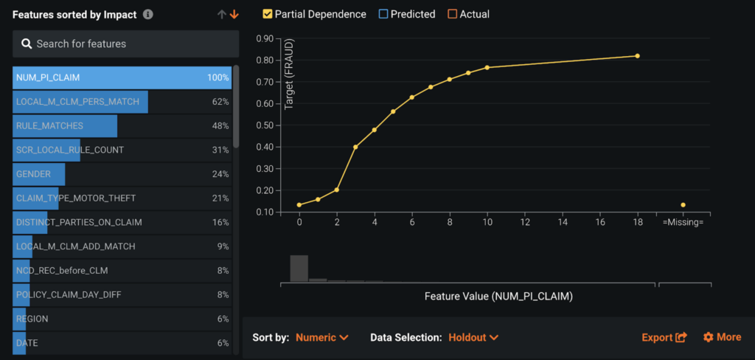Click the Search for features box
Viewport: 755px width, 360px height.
pyautogui.click(x=125, y=44)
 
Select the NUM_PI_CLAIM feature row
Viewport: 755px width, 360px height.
pyautogui.click(x=122, y=77)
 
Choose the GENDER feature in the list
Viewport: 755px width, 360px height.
pyautogui.click(x=122, y=174)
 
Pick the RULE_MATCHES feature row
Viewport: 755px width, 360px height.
pyautogui.click(x=122, y=125)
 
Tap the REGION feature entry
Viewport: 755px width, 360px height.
pyautogui.click(x=122, y=319)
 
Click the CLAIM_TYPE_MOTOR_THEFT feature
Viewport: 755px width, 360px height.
pyautogui.click(x=122, y=198)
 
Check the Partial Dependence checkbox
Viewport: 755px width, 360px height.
pyautogui.click(x=268, y=14)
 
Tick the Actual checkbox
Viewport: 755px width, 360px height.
pyautogui.click(x=452, y=14)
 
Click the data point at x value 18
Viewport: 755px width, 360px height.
pyautogui.click(x=637, y=56)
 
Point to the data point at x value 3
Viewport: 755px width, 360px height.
pyautogui.click(x=355, y=147)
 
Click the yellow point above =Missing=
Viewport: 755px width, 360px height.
pyautogui.click(x=683, y=205)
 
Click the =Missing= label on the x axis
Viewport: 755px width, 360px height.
pyautogui.click(x=683, y=222)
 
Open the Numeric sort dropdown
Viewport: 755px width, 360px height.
pyautogui.click(x=321, y=337)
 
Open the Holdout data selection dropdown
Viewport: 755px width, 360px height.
pyautogui.click(x=473, y=337)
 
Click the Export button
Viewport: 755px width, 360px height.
pyautogui.click(x=664, y=337)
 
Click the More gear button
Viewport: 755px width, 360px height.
pyautogui.click(x=722, y=337)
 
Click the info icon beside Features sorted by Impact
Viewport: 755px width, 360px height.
pyautogui.click(x=148, y=14)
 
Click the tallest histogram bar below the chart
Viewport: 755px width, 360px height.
pyautogui.click(x=299, y=268)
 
